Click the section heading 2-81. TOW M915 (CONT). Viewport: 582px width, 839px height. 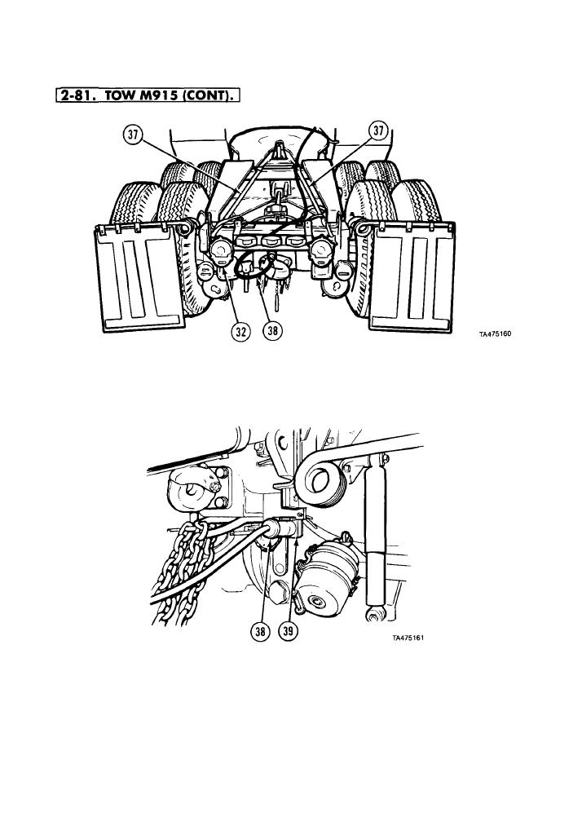click(147, 96)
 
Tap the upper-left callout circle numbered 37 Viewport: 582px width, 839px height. click(134, 135)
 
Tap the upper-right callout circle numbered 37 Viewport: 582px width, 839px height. click(378, 130)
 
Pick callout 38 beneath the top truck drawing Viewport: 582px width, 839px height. click(273, 331)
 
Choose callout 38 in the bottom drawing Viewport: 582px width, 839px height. click(261, 632)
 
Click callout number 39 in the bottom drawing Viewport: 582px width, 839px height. click(289, 632)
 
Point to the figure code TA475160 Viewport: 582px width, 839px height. click(496, 334)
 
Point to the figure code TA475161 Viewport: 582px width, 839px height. click(408, 638)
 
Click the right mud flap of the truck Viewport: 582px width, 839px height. click(412, 276)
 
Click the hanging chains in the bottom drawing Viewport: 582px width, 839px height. click(184, 572)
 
